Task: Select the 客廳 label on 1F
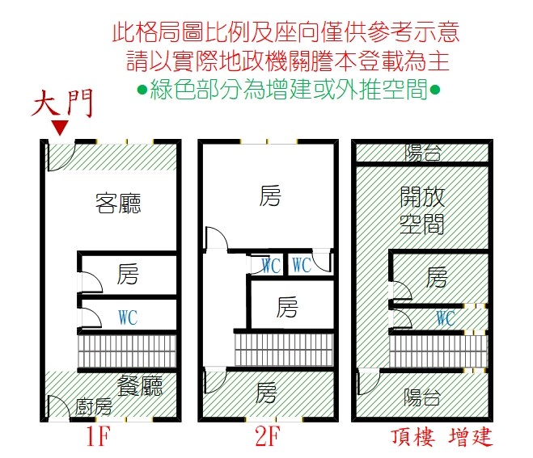point(118,203)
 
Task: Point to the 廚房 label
point(95,406)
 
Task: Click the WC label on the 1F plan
point(128,317)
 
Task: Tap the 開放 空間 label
point(422,210)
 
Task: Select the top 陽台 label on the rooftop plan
point(422,152)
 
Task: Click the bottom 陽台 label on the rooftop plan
point(422,397)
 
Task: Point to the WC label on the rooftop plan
point(444,318)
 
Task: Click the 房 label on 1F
point(127,275)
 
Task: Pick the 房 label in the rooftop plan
point(437,278)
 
